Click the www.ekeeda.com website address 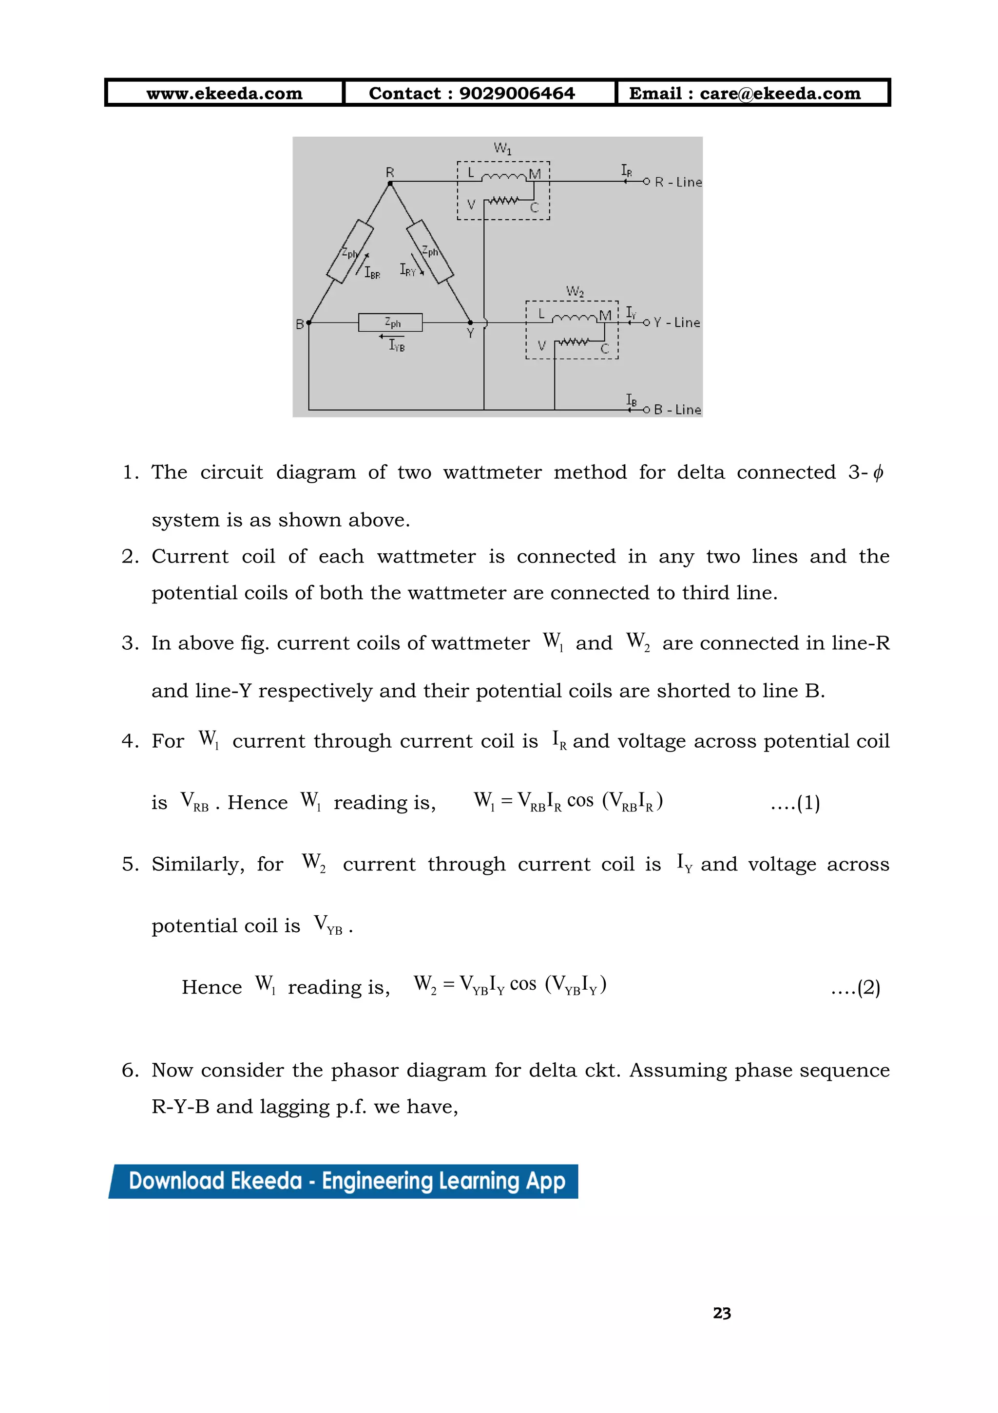[x=224, y=94]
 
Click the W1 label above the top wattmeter [x=502, y=149]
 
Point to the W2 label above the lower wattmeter [x=575, y=291]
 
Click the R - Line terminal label [x=678, y=182]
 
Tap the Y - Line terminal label [x=676, y=322]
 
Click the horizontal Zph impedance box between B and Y [x=390, y=322]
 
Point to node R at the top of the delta [x=390, y=183]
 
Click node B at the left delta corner [x=308, y=322]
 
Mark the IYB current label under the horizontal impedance [x=397, y=346]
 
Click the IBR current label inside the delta [x=372, y=273]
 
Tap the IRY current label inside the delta [x=407, y=270]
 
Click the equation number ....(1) [x=795, y=803]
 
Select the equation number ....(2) [x=855, y=988]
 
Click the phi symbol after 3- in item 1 [x=878, y=472]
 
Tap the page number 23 [x=722, y=1313]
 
